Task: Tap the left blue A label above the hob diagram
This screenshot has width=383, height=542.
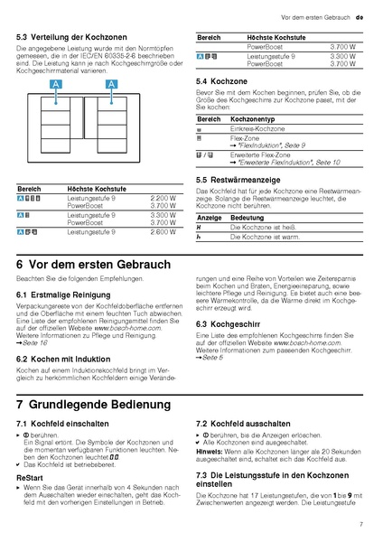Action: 56,84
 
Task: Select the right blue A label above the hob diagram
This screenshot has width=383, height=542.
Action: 112,84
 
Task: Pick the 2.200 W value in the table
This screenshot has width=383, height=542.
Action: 163,197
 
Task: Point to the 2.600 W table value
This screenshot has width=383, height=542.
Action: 163,232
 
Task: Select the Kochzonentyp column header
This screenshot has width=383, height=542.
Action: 256,119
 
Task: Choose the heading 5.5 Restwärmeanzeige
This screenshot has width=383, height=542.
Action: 237,180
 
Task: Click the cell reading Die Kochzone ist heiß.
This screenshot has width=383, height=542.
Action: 263,228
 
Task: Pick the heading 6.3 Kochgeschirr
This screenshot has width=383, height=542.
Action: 229,323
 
